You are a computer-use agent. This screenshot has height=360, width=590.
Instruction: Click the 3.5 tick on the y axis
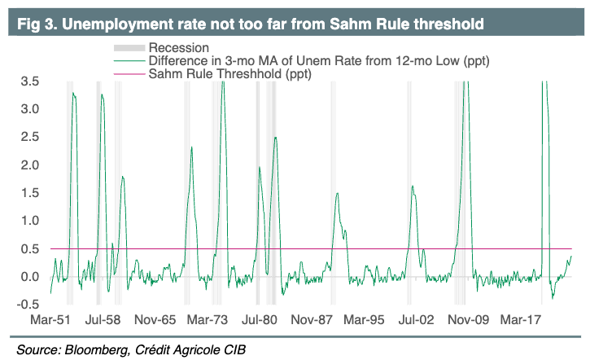pyautogui.click(x=31, y=81)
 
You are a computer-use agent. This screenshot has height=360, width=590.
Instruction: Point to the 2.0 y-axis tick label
pyautogui.click(x=31, y=165)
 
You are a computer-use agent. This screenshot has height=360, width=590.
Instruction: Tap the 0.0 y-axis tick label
pyautogui.click(x=31, y=277)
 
